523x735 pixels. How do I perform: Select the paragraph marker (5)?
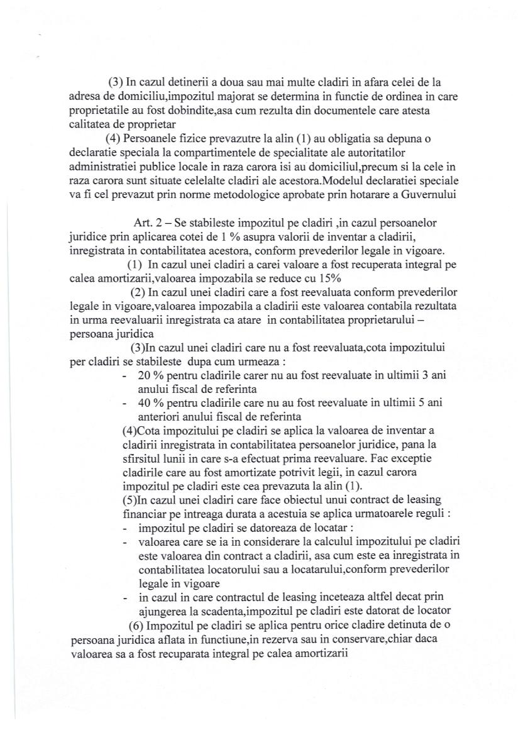click(x=129, y=500)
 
